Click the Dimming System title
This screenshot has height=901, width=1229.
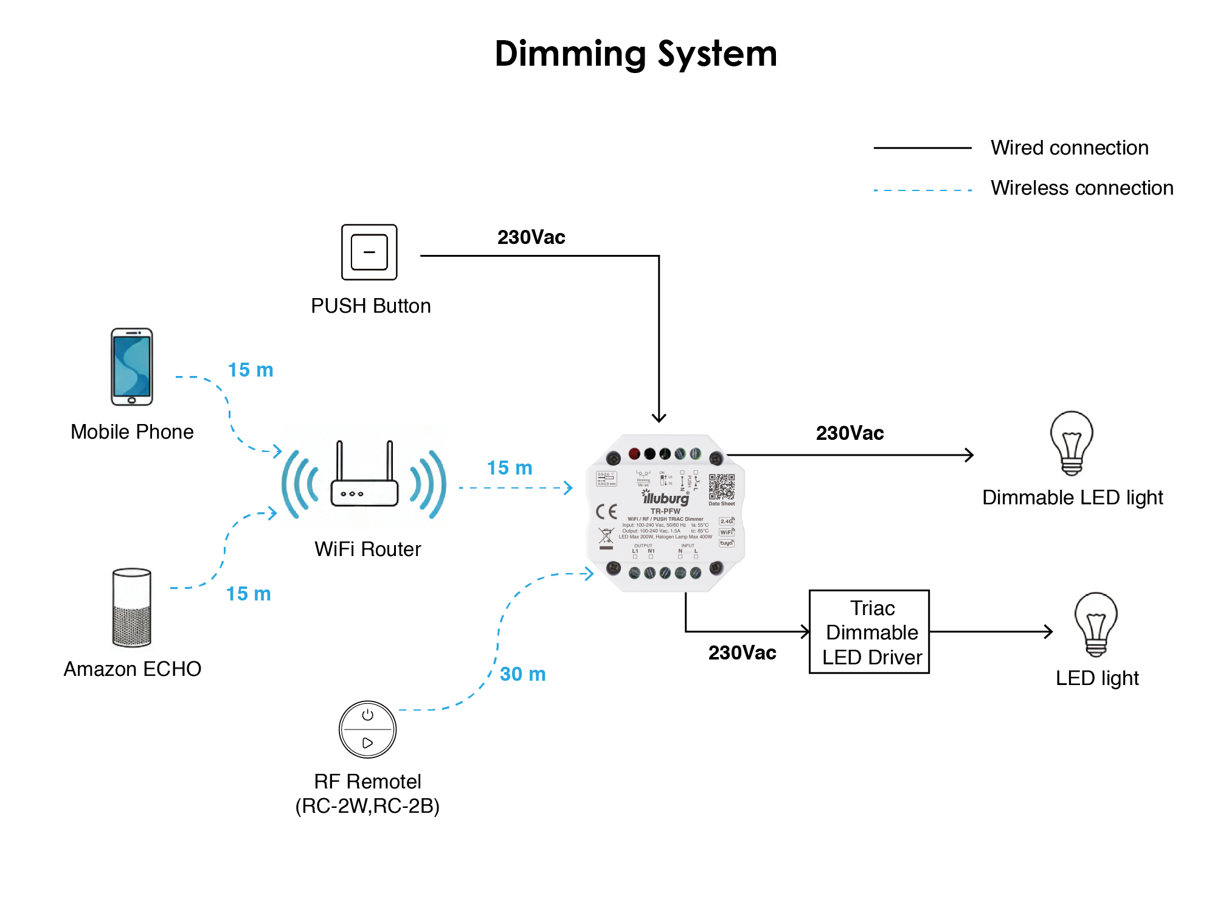click(x=635, y=54)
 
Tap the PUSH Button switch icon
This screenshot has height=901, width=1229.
click(x=369, y=252)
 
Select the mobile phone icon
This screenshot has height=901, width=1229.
click(x=131, y=367)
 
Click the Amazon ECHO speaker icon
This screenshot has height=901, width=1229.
click(x=131, y=607)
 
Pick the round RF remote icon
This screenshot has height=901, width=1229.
click(x=367, y=729)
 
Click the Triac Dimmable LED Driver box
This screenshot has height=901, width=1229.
click(x=869, y=632)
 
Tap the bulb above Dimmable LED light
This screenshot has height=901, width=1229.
click(x=1071, y=443)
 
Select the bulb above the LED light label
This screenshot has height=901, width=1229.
click(x=1096, y=624)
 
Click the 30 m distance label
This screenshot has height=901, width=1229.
click(x=522, y=674)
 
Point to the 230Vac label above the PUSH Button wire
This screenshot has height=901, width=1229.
click(x=531, y=237)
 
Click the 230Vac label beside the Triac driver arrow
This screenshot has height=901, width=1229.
click(x=742, y=653)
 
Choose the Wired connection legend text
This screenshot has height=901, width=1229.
click(x=1069, y=148)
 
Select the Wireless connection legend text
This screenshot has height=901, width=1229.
click(x=1082, y=188)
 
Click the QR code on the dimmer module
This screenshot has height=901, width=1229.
click(x=721, y=487)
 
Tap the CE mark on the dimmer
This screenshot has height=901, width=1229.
click(x=606, y=512)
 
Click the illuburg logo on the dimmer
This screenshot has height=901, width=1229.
click(x=666, y=498)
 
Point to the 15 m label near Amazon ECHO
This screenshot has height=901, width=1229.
click(x=248, y=594)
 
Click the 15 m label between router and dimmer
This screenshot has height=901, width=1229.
click(x=509, y=468)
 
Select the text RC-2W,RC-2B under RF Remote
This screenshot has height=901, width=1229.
click(x=367, y=806)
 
